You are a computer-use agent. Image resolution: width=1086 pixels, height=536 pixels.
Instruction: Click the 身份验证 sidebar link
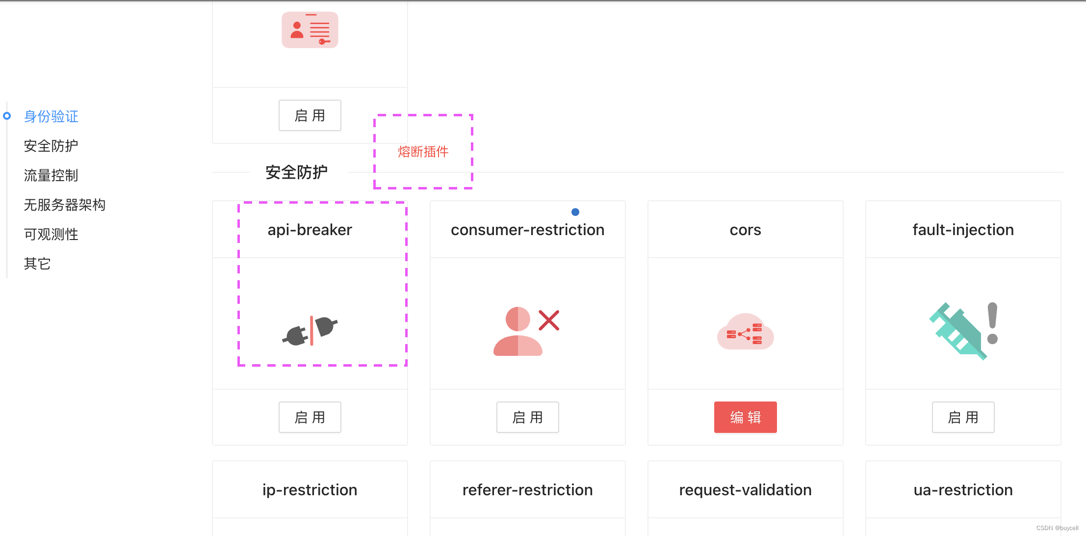51,116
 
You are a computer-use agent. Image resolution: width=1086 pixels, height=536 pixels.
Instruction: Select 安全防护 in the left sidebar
51,146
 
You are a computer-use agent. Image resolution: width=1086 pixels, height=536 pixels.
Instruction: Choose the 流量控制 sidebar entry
51,175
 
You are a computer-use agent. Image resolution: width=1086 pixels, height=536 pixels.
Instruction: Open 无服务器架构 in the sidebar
65,205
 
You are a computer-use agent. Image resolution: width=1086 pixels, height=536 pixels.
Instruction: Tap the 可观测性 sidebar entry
51,234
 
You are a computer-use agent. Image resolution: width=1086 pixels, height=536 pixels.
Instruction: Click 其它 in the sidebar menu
37,264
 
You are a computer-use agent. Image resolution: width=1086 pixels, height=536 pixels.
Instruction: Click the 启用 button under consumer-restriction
527,417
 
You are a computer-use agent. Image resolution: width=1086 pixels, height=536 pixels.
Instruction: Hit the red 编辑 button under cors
745,417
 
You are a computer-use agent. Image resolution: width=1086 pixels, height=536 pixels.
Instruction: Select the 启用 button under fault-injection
963,417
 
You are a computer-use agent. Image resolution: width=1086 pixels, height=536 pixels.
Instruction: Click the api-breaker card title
310,230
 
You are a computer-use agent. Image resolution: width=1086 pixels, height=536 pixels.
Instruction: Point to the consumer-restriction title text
527,230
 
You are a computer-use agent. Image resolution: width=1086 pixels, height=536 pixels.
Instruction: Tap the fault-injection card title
963,230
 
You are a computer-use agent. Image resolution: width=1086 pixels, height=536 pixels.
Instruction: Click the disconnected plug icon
310,330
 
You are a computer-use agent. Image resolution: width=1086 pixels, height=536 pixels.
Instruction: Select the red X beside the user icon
549,321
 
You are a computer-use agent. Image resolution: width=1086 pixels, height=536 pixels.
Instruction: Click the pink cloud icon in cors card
745,332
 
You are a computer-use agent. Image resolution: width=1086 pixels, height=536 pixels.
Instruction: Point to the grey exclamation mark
992,323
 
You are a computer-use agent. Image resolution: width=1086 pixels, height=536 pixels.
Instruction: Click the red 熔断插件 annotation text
423,152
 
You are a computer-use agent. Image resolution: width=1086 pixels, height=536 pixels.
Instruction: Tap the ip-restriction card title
310,490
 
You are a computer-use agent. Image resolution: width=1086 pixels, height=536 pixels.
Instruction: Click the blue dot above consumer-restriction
575,212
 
